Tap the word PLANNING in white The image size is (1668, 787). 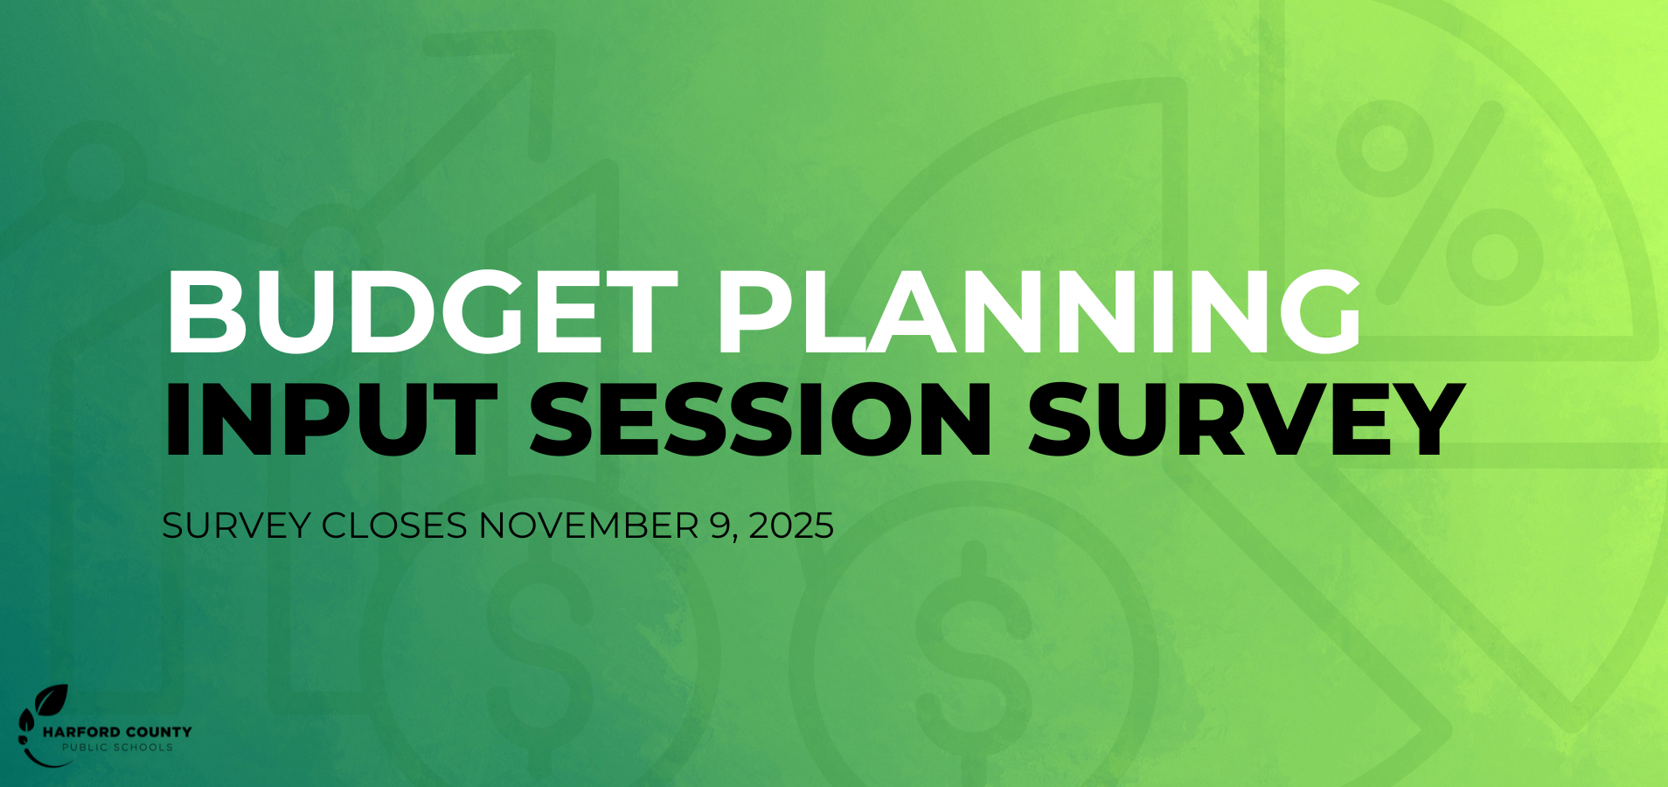pyautogui.click(x=1039, y=312)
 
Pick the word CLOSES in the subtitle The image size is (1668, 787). pyautogui.click(x=394, y=526)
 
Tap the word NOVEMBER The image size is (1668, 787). pyautogui.click(x=588, y=526)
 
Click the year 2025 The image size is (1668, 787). pyautogui.click(x=791, y=526)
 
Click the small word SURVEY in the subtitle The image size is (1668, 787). pyautogui.click(x=236, y=526)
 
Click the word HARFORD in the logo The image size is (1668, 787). pyautogui.click(x=80, y=732)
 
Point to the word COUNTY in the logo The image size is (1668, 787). pyautogui.click(x=158, y=732)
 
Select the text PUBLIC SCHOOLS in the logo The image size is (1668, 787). pyautogui.click(x=117, y=748)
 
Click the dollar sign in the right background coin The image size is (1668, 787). pyautogui.click(x=973, y=647)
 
